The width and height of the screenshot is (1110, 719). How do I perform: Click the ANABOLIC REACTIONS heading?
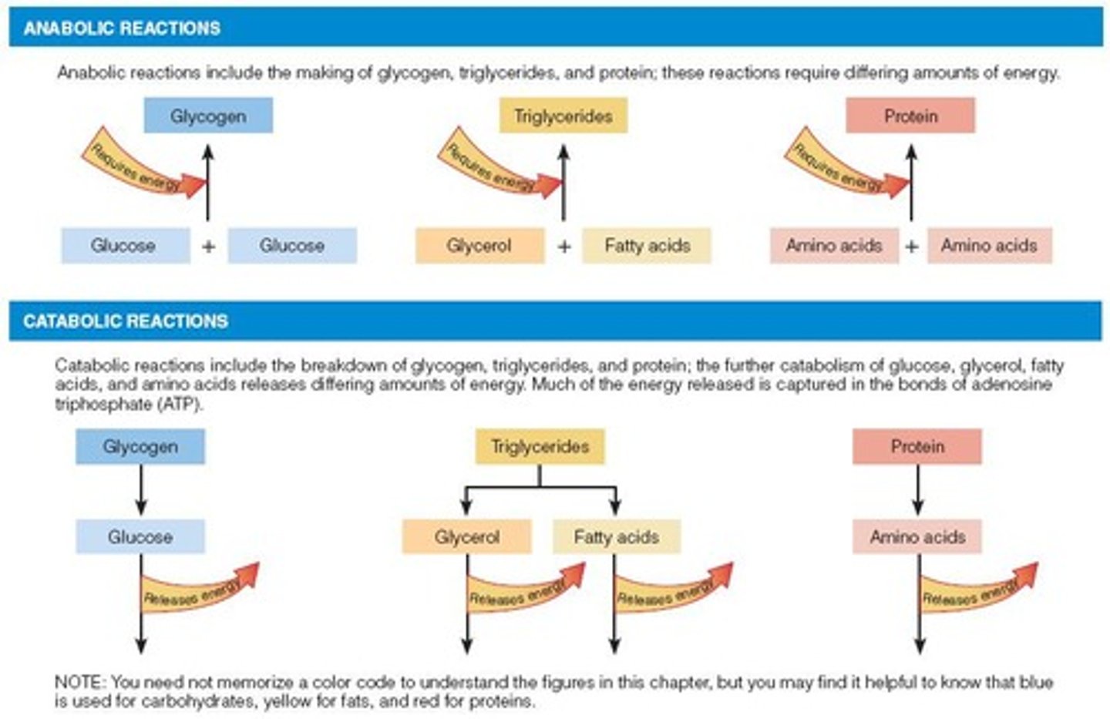[x=122, y=29]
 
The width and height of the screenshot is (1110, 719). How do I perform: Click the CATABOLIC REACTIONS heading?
[x=126, y=321]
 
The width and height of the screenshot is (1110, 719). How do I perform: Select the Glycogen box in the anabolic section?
[x=208, y=116]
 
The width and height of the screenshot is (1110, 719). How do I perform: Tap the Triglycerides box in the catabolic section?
[x=540, y=446]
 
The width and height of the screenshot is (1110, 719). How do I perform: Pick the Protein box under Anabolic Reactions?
[x=910, y=116]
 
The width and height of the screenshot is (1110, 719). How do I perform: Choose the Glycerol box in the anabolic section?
[x=479, y=246]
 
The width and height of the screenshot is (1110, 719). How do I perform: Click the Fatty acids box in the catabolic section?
[x=616, y=536]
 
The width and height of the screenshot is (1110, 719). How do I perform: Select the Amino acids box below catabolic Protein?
[x=917, y=536]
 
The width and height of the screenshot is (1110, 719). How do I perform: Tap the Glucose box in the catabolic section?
[x=140, y=536]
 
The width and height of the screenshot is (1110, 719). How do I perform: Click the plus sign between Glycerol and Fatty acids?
[x=564, y=247]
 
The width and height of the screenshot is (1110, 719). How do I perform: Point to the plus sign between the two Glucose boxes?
[x=208, y=247]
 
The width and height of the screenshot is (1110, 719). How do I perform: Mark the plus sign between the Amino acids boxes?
[x=912, y=247]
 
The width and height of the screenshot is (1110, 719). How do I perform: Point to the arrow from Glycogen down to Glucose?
[x=140, y=491]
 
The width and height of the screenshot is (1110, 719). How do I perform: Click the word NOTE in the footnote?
[x=78, y=683]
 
